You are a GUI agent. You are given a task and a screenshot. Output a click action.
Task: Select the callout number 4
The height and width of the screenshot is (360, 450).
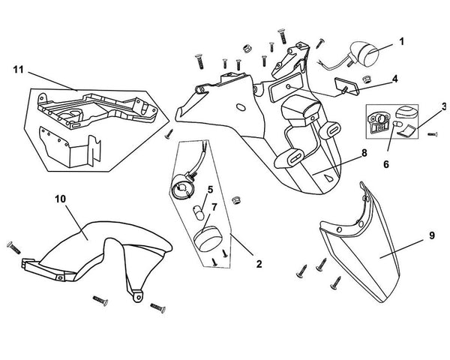pos(394,77)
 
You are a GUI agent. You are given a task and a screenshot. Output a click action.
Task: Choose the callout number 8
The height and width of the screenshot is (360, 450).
pos(363,152)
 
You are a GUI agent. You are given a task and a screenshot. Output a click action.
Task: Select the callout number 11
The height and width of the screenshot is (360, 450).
pos(18,70)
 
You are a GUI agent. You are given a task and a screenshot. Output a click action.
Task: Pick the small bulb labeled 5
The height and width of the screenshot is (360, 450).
pos(200,209)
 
